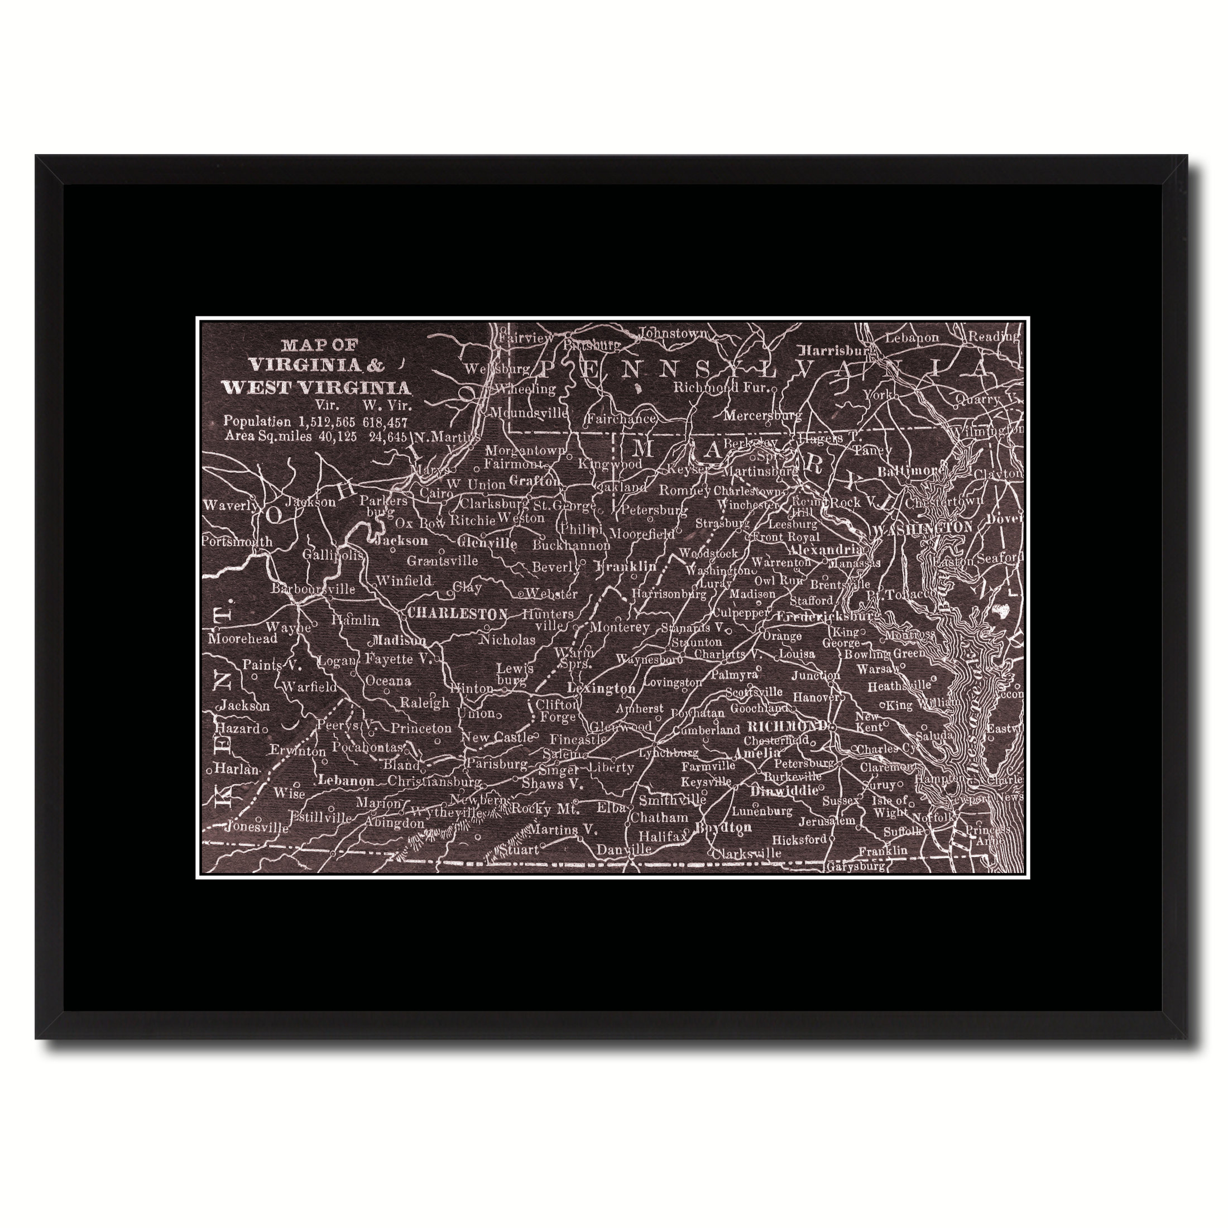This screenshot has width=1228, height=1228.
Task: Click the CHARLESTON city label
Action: click(x=457, y=614)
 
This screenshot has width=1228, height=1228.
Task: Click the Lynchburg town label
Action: click(x=669, y=752)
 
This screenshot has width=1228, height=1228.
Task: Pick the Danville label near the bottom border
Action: click(x=624, y=850)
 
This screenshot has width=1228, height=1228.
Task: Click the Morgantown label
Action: click(x=525, y=450)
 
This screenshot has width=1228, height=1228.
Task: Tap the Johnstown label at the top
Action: click(x=673, y=333)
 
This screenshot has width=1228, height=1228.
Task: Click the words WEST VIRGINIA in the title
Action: click(x=316, y=388)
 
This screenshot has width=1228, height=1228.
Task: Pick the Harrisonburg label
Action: click(x=669, y=594)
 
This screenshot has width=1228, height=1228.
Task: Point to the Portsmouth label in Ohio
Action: click(x=237, y=541)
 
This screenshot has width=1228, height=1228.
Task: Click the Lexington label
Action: click(x=601, y=688)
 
